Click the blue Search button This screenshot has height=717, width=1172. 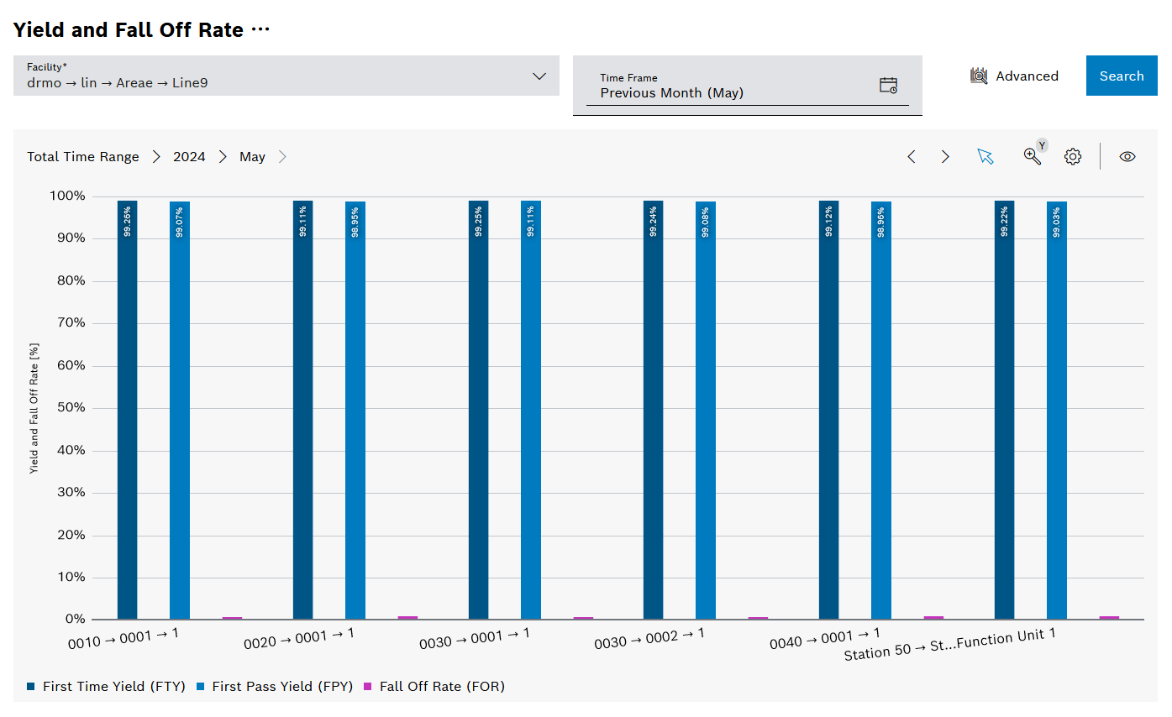1121,76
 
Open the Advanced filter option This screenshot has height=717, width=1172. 1014,76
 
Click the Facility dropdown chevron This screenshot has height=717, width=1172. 539,76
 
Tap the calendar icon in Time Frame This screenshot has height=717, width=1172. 888,85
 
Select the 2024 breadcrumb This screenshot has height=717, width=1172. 189,157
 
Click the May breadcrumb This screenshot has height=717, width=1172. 252,157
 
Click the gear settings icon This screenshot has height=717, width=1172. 1072,157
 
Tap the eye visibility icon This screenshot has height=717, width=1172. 1127,157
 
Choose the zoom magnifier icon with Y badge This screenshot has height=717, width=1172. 1033,156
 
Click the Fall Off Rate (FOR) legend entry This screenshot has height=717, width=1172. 434,687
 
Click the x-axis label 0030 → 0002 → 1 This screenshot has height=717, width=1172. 649,639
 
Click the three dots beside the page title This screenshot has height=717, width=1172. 260,30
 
